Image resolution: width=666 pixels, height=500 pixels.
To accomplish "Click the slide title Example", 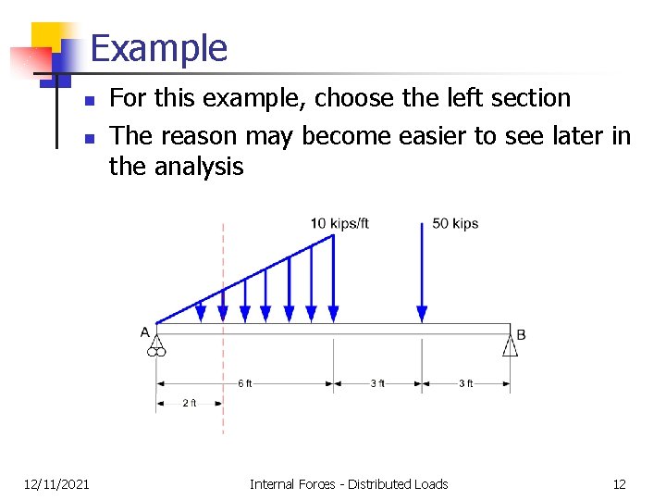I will pyautogui.click(x=159, y=48).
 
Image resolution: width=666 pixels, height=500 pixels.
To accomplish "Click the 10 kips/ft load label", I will pyautogui.click(x=339, y=223).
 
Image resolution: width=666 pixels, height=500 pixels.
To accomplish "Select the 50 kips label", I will pyautogui.click(x=455, y=223).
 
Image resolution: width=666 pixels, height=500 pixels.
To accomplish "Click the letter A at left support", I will pyautogui.click(x=145, y=332).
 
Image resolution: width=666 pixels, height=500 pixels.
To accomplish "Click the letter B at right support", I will pyautogui.click(x=521, y=334).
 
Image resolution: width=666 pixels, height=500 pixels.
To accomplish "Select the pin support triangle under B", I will pyautogui.click(x=510, y=345).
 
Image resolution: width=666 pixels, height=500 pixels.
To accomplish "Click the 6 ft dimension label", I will pyautogui.click(x=244, y=383).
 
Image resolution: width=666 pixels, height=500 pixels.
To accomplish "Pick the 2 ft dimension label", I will pyautogui.click(x=189, y=403).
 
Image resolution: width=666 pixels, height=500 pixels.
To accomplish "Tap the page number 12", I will pyautogui.click(x=619, y=483).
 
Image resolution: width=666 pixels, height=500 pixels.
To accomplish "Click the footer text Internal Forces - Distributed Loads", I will pyautogui.click(x=349, y=483).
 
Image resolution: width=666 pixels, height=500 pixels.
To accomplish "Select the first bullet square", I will pyautogui.click(x=89, y=100).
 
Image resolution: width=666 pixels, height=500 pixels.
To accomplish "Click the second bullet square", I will pyautogui.click(x=89, y=139).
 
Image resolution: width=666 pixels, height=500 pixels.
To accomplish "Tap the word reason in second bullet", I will pyautogui.click(x=194, y=136).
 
